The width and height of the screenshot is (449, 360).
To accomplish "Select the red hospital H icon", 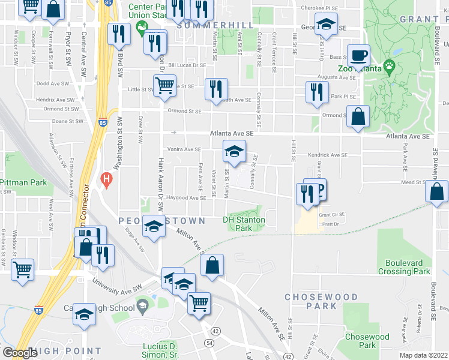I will click(x=106, y=178).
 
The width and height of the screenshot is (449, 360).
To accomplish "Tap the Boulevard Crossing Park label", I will click(x=405, y=267).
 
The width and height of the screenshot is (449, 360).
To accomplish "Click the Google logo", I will click(x=20, y=353).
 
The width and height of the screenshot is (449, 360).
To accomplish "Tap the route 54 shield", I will click(x=209, y=341).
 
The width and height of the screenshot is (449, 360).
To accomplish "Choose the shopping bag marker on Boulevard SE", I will click(x=438, y=192).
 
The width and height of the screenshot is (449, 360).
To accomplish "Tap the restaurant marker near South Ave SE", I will click(x=215, y=89).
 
